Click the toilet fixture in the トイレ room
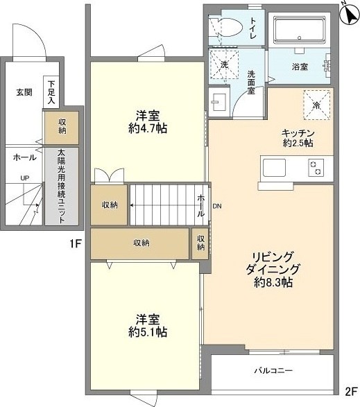click(x=227, y=27)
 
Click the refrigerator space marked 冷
click(x=316, y=105)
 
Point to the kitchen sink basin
click(x=274, y=167)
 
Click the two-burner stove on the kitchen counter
click(x=316, y=167)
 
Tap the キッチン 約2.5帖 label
click(x=298, y=138)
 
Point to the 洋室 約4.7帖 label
click(x=148, y=121)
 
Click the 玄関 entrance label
click(x=25, y=92)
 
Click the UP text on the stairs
click(x=24, y=178)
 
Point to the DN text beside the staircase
click(x=217, y=207)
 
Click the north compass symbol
click(x=347, y=12)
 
